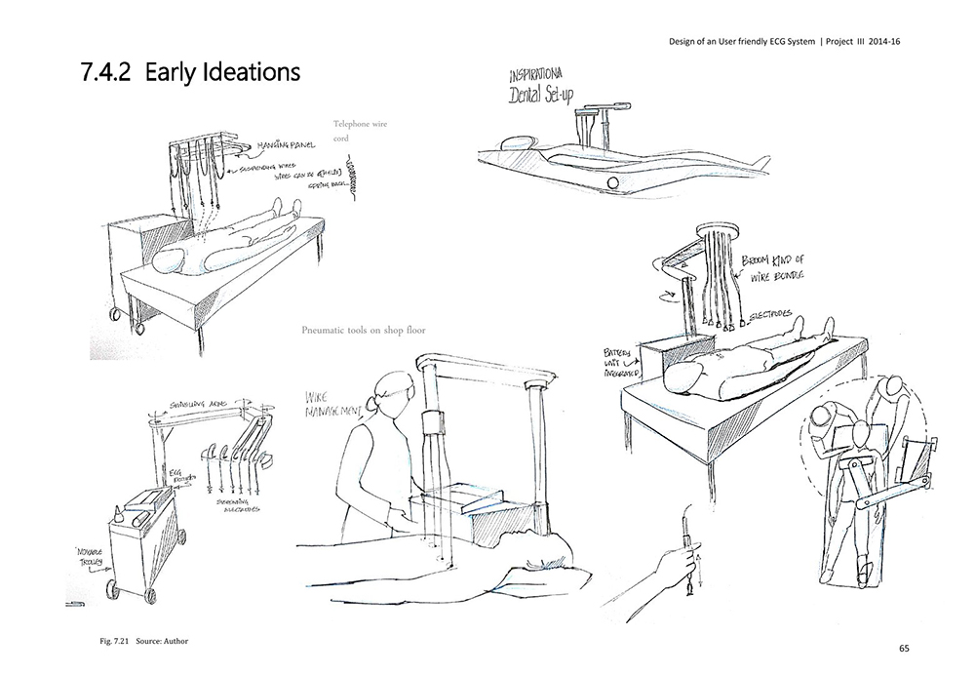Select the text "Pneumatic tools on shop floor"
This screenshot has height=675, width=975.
[364, 330]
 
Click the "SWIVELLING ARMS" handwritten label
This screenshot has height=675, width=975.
[196, 402]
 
